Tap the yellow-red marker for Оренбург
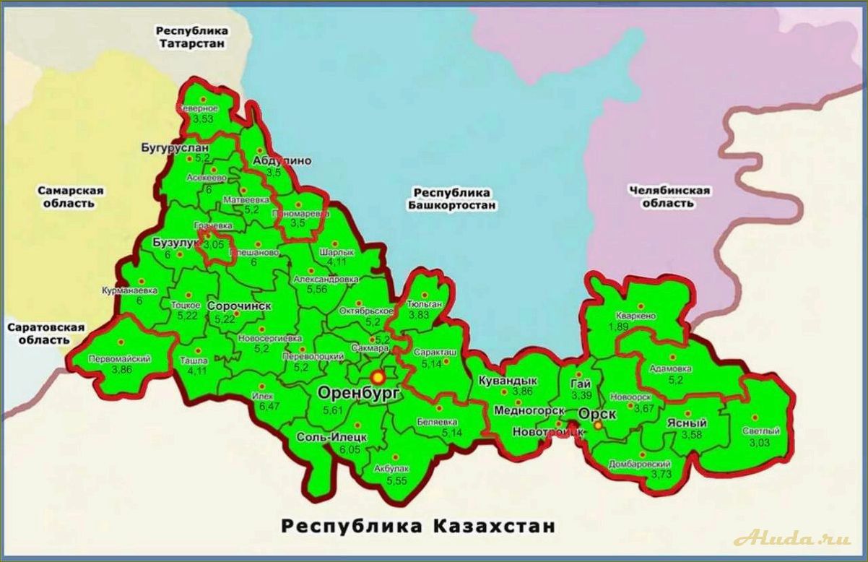[x=377, y=377]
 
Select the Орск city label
[x=597, y=414]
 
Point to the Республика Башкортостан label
[x=453, y=199]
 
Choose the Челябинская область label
[x=669, y=196]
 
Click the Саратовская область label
[x=45, y=333]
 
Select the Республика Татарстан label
[x=192, y=37]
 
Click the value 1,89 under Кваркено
[x=618, y=327]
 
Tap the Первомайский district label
[x=119, y=359]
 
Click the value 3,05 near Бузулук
[x=214, y=246]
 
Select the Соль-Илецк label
[x=332, y=438]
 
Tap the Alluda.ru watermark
[x=791, y=539]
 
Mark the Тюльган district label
[x=424, y=306]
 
